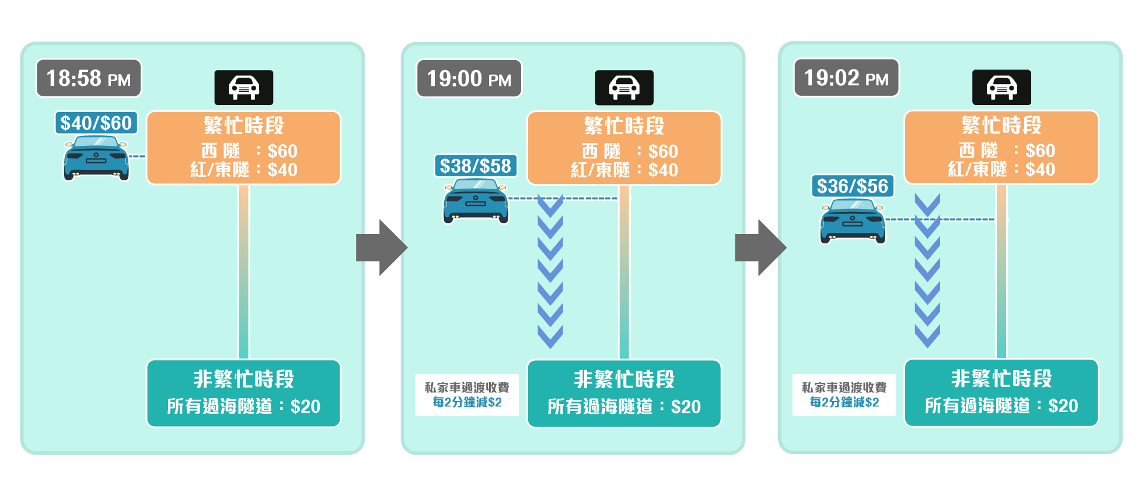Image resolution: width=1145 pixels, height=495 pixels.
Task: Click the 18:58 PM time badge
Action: [89, 78]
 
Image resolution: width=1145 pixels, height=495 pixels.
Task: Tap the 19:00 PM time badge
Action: [469, 79]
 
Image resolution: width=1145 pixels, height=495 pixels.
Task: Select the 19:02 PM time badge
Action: [846, 78]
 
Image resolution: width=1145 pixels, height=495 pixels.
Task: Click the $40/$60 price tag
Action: [96, 123]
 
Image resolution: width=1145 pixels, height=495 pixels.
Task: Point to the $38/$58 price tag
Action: [476, 166]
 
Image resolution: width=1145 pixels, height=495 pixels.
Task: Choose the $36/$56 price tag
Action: [853, 186]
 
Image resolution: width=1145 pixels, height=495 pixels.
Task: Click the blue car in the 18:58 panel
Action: [96, 158]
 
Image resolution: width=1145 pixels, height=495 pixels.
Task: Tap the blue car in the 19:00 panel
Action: [476, 201]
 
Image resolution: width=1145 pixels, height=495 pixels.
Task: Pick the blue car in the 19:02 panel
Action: [853, 221]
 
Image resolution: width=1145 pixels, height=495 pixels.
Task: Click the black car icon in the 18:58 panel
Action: [244, 88]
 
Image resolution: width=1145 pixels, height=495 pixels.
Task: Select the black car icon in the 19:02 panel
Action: [1001, 87]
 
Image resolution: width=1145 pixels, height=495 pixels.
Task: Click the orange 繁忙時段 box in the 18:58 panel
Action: [243, 148]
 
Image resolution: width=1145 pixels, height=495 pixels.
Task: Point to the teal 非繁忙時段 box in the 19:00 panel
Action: [624, 393]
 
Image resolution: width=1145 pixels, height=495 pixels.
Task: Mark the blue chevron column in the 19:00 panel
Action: [550, 271]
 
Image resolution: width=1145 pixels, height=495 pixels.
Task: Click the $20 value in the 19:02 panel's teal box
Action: [1063, 406]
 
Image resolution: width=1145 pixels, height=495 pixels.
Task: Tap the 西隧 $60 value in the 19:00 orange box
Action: [663, 152]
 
